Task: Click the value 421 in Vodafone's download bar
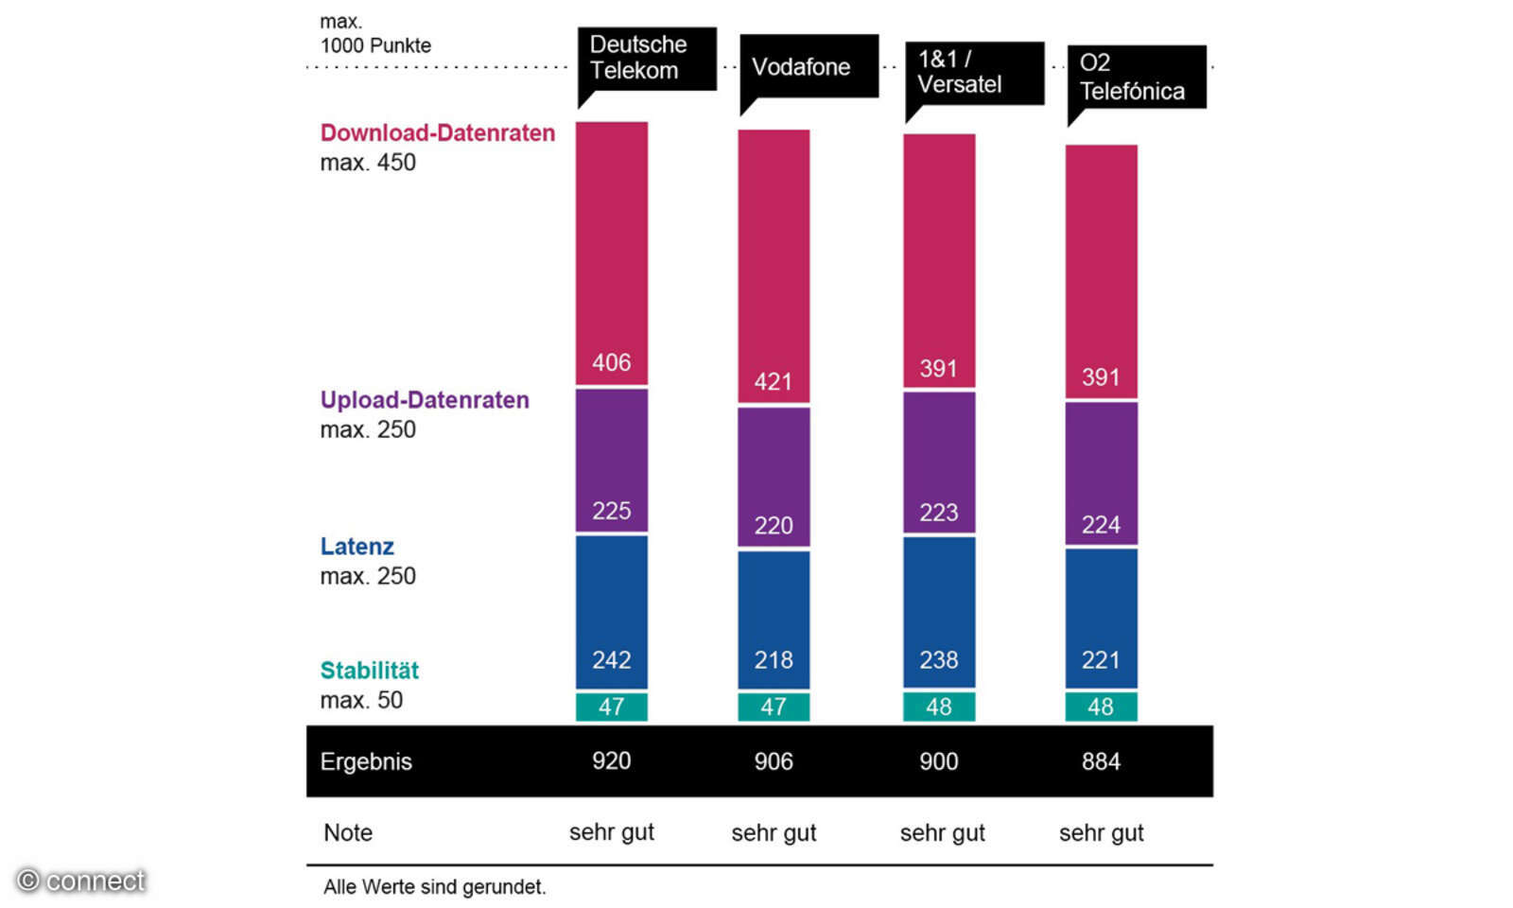tap(773, 382)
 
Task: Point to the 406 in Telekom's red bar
tap(611, 362)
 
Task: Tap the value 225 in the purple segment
tap(611, 511)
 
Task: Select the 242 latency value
tap(611, 659)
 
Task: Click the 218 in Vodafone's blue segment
tap(773, 659)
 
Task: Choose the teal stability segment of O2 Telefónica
tap(1101, 707)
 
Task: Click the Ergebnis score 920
tap(611, 761)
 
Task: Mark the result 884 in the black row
tap(1101, 761)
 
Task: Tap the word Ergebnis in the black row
tap(366, 761)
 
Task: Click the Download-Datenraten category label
tap(437, 133)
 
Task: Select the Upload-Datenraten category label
tap(425, 400)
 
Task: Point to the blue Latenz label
tap(357, 547)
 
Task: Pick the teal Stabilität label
tap(369, 671)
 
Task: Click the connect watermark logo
tap(81, 881)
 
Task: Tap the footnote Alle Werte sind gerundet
tap(434, 887)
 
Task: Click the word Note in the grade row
tap(348, 832)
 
